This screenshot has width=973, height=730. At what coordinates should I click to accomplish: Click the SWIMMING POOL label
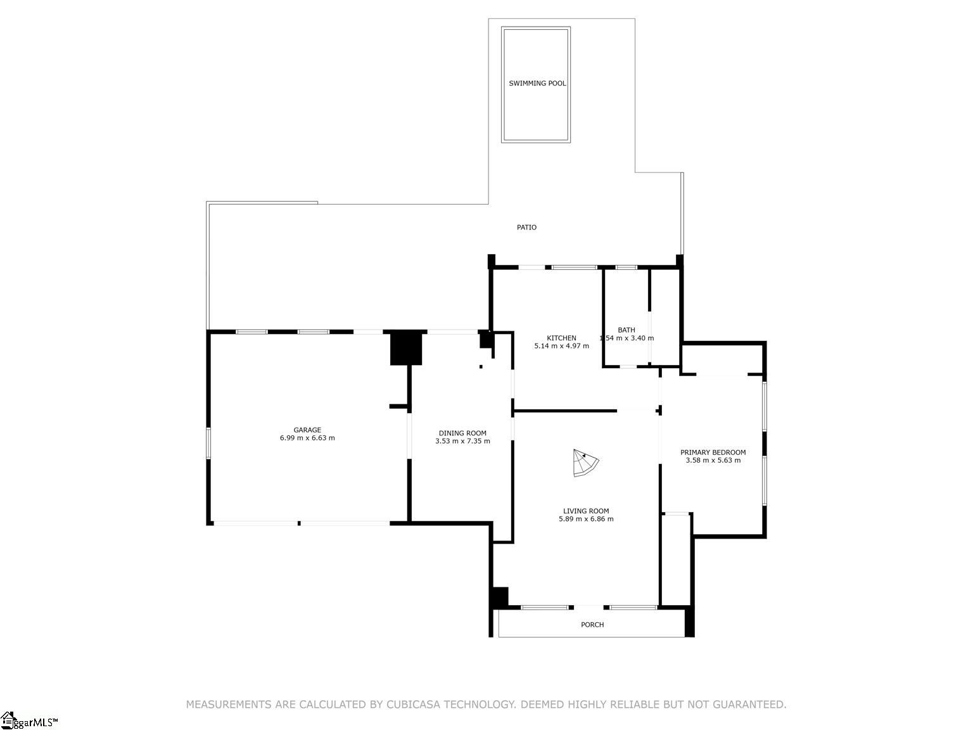(537, 83)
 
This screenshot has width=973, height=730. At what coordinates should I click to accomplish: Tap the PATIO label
(526, 227)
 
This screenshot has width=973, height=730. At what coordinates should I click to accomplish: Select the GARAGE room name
(307, 430)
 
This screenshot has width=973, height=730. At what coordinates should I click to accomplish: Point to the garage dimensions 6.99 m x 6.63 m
(307, 438)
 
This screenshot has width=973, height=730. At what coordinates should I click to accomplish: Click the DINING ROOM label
(462, 433)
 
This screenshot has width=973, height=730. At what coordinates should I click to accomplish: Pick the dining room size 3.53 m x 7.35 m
(462, 441)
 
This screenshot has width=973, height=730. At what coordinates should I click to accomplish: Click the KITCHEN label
(561, 338)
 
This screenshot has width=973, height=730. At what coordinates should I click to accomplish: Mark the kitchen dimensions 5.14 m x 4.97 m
(561, 346)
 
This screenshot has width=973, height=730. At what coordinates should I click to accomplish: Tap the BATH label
(626, 330)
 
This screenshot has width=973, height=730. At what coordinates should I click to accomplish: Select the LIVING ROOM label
(586, 511)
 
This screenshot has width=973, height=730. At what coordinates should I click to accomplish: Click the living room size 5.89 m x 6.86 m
(586, 519)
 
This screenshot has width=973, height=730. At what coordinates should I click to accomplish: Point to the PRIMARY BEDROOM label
(713, 452)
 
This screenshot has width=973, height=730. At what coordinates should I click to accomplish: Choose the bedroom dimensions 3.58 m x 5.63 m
(713, 460)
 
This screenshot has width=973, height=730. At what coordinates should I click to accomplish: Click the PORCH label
(592, 625)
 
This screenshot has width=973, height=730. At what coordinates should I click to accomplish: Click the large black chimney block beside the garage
(405, 349)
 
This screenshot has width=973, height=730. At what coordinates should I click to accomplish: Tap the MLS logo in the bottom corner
(29, 720)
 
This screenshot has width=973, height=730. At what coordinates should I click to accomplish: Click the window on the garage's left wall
(208, 443)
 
